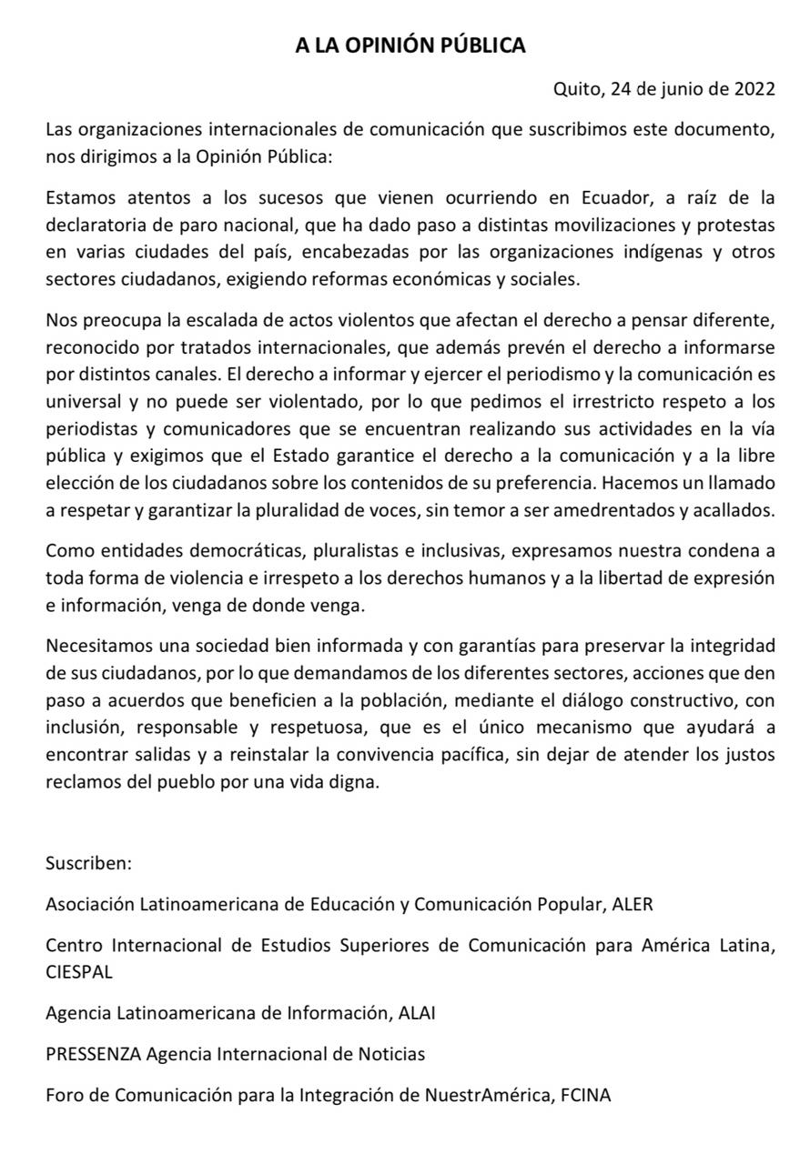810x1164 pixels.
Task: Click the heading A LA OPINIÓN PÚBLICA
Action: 410,45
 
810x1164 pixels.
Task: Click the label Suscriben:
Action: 89,863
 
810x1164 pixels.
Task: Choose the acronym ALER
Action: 633,904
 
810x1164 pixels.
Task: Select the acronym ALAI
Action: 417,1011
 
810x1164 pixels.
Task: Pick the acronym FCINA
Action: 586,1095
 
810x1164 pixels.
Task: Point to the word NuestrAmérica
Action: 487,1095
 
